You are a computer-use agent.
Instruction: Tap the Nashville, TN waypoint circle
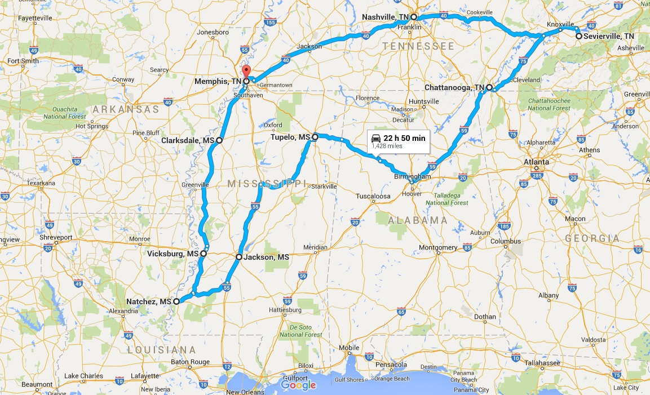(413, 17)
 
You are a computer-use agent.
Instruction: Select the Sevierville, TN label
(609, 36)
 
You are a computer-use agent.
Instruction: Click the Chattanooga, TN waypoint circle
(489, 88)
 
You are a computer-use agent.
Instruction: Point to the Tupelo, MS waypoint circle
(315, 137)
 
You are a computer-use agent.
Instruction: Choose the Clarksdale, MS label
(188, 140)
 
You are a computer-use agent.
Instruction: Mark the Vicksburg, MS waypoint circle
(203, 254)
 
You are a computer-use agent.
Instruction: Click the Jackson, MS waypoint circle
(238, 257)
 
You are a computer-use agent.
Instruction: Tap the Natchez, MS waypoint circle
(176, 301)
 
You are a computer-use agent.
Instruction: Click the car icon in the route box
(375, 139)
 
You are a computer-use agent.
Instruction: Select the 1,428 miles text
(387, 146)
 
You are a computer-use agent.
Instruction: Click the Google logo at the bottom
(298, 385)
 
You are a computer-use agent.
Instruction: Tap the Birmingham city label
(412, 176)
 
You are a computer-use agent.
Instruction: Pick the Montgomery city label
(438, 248)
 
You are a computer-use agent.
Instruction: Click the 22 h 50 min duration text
(404, 139)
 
